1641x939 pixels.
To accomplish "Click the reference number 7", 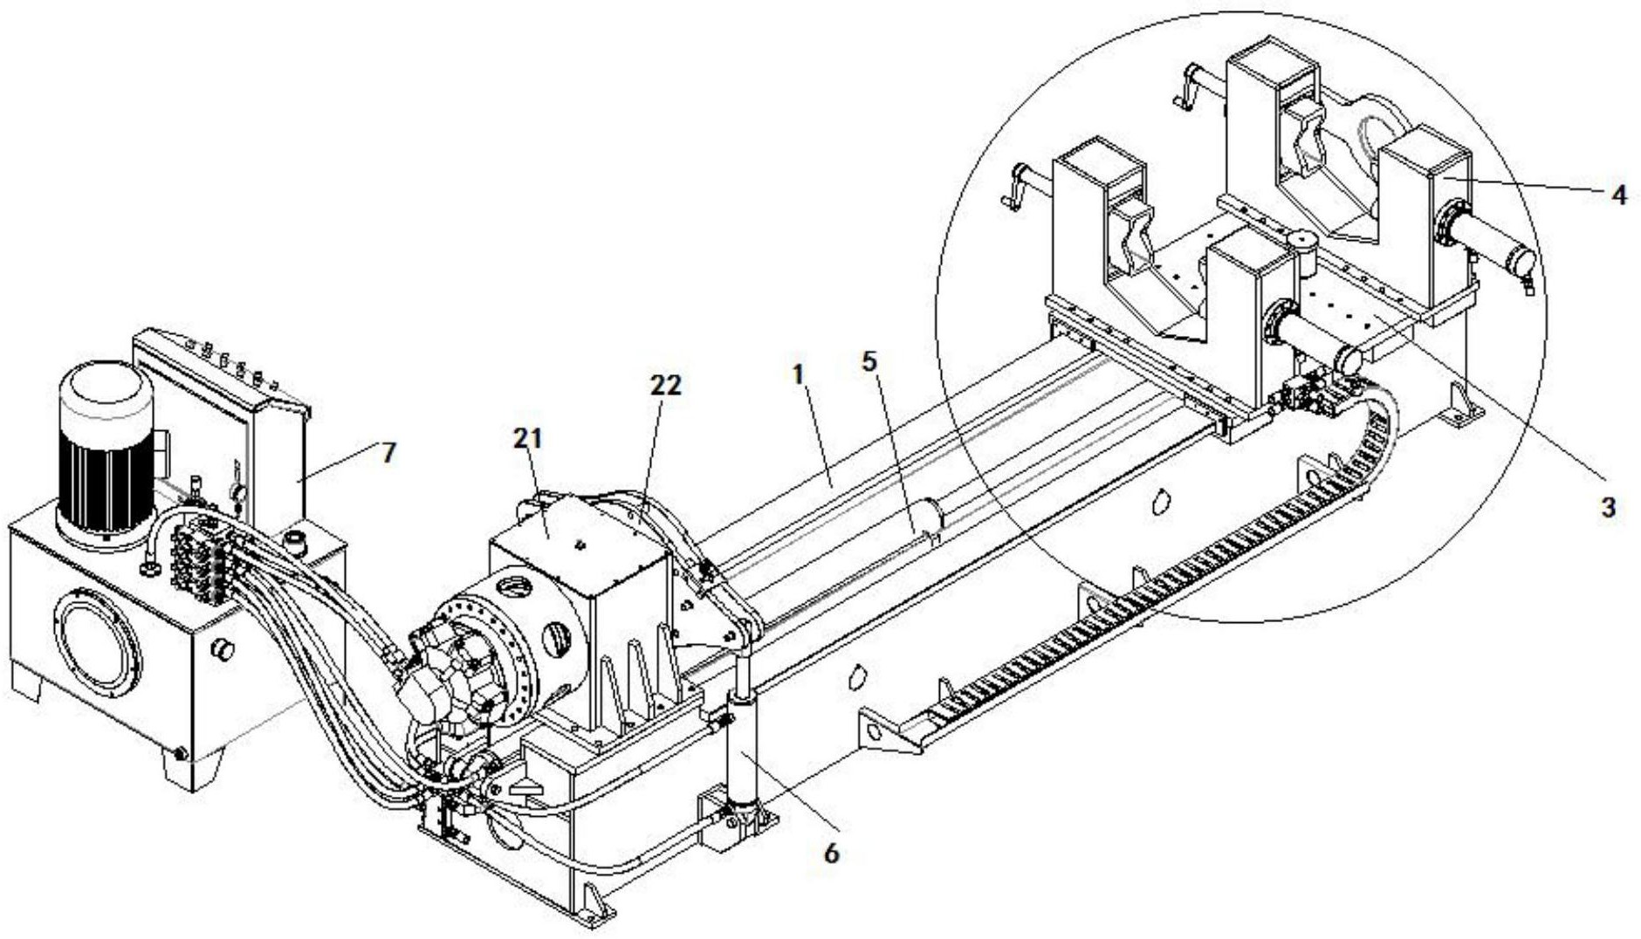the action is coord(388,452).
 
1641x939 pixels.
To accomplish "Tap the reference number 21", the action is coord(528,438).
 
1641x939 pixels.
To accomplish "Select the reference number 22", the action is coord(665,385).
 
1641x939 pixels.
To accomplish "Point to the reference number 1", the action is coord(798,375).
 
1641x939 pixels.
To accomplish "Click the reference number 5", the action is coord(869,361).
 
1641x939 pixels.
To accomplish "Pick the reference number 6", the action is coord(831,853).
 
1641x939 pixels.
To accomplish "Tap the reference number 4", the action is coord(1619,195).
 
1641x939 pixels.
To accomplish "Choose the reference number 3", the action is coord(1609,508).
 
